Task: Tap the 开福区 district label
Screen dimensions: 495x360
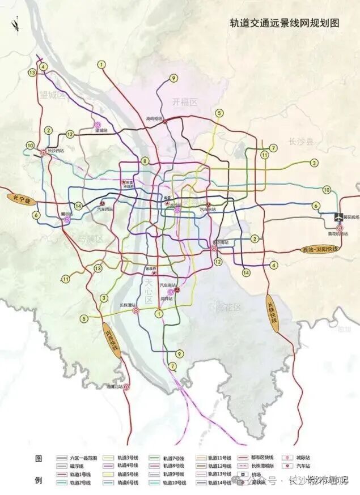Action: coord(185,102)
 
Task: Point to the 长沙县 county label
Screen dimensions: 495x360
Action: coord(301,142)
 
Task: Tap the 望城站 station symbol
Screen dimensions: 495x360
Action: coord(97,125)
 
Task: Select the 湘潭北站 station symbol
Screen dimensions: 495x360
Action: coord(126,387)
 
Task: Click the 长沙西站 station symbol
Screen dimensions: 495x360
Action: coord(44,152)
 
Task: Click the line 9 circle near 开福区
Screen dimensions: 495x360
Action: coord(173,79)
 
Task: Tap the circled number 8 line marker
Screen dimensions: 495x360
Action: coord(145,161)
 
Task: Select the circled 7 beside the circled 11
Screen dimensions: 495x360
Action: coord(273,148)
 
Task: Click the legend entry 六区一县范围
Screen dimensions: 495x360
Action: coord(82,457)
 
